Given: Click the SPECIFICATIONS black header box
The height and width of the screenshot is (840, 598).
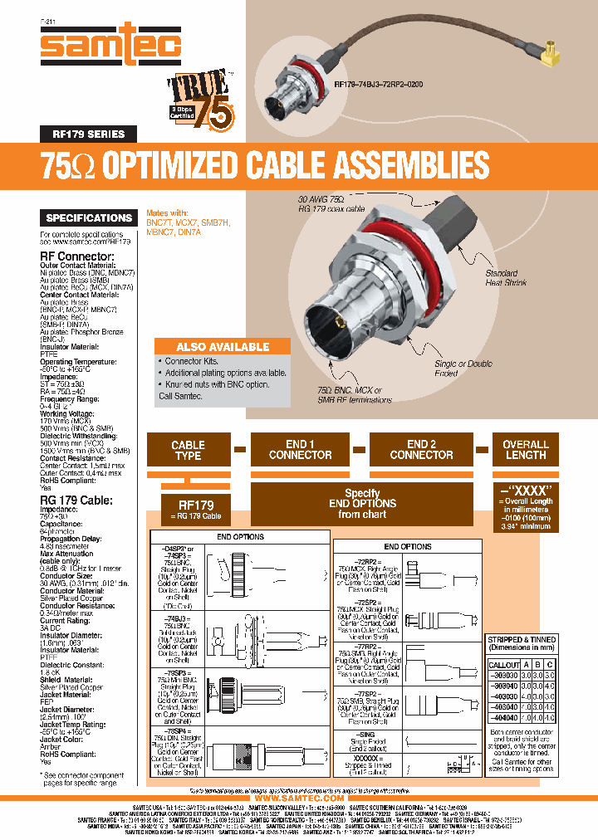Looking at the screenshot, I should click(x=89, y=217).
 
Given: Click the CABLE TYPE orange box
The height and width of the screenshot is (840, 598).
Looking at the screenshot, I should click(x=188, y=450).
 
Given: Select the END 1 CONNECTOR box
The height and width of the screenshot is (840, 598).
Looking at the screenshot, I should click(x=300, y=450).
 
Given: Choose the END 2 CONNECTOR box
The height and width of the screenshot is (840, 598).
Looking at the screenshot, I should click(x=421, y=450).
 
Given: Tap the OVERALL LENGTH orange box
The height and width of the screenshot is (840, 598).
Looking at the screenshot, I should click(x=526, y=450).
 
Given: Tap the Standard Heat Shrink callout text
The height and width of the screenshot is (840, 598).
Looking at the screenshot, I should click(x=501, y=278).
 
